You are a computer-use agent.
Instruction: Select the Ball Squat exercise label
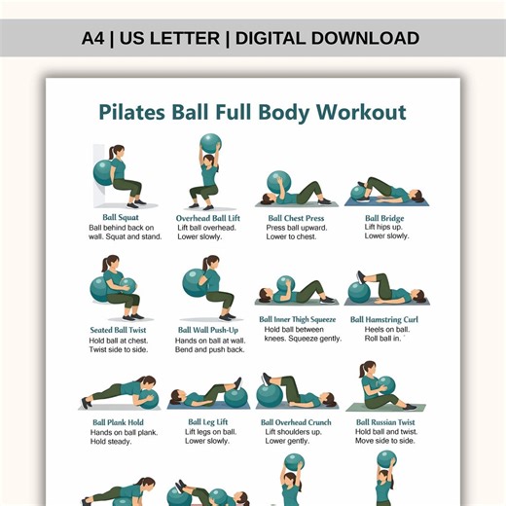click(122, 218)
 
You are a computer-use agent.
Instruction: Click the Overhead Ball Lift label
click(207, 218)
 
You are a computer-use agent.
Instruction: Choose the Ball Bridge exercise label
click(384, 218)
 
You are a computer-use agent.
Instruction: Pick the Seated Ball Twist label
click(118, 330)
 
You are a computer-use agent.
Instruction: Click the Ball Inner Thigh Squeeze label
click(297, 319)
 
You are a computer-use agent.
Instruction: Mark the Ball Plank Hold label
click(117, 422)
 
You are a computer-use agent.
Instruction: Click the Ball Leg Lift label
click(207, 422)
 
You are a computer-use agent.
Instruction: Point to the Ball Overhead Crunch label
click(296, 422)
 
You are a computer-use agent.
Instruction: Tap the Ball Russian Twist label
click(385, 422)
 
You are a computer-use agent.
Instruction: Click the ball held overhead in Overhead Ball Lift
click(210, 144)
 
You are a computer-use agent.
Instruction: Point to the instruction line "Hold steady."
click(110, 442)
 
